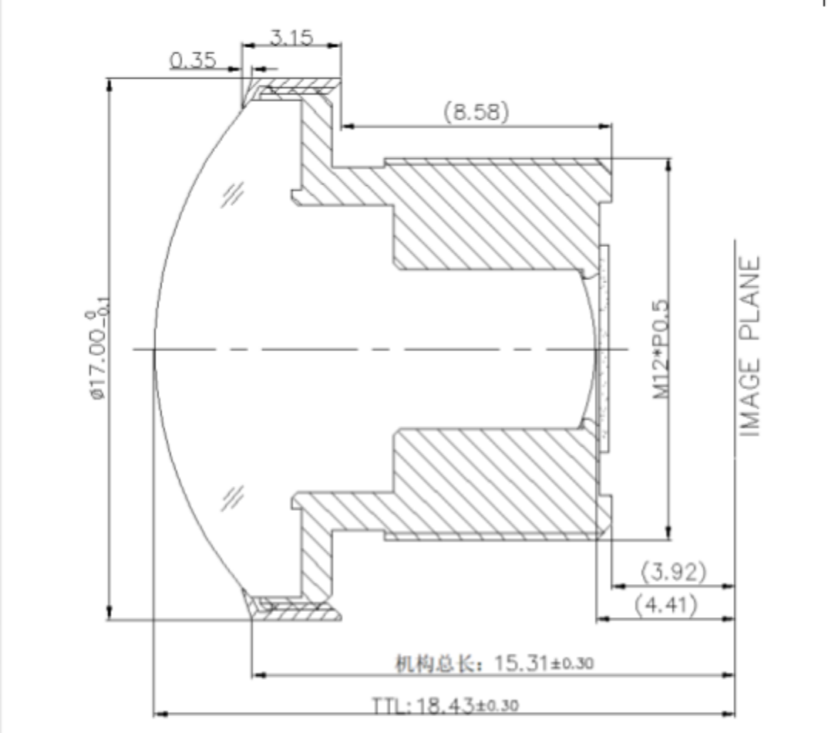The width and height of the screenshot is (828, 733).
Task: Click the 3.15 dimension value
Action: pyautogui.click(x=291, y=38)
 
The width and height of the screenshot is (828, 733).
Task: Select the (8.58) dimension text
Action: pyautogui.click(x=476, y=112)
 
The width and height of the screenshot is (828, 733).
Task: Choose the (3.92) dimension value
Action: pyautogui.click(x=673, y=571)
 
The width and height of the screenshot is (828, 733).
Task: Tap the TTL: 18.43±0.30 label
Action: pyautogui.click(x=445, y=705)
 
